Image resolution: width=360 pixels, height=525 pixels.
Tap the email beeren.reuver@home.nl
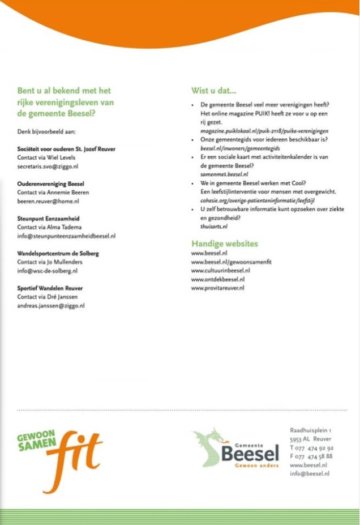[48, 201]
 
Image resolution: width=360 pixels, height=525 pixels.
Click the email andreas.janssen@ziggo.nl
[51, 305]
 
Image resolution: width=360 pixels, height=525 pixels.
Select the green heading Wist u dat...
[214, 91]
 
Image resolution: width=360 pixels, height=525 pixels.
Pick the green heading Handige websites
[225, 244]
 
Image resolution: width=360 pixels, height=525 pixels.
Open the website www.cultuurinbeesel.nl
[220, 271]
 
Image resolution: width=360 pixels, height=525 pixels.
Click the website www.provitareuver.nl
[217, 288]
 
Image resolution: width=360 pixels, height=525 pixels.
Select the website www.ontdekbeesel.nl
[217, 279]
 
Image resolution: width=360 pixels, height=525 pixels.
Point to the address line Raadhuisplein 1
[310, 430]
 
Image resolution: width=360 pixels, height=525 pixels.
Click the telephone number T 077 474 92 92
[311, 447]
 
